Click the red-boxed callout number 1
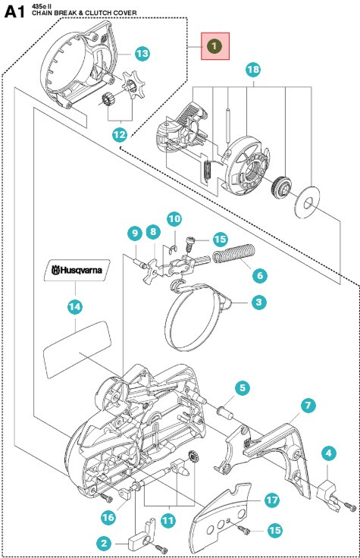click(215, 46)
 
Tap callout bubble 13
click(142, 53)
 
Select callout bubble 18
click(253, 70)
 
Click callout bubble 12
click(120, 133)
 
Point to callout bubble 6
click(258, 274)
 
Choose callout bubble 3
click(259, 302)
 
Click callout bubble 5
click(241, 388)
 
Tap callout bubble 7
click(308, 406)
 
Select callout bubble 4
click(328, 453)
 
